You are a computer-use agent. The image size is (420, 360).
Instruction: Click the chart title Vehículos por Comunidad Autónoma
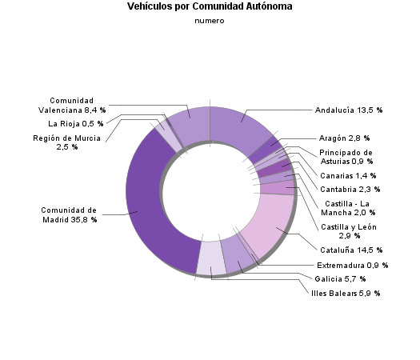[210, 6]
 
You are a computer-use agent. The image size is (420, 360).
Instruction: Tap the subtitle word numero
[210, 21]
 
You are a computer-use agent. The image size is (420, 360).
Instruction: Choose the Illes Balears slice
[210, 258]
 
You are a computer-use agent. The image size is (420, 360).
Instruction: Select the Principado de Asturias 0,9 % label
[346, 157]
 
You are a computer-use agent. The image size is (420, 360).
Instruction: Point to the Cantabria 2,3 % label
[350, 189]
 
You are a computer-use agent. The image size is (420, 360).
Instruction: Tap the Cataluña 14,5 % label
[349, 250]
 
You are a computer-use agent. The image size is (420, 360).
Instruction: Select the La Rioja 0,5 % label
[77, 123]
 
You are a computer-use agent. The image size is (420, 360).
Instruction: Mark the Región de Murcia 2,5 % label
[66, 142]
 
